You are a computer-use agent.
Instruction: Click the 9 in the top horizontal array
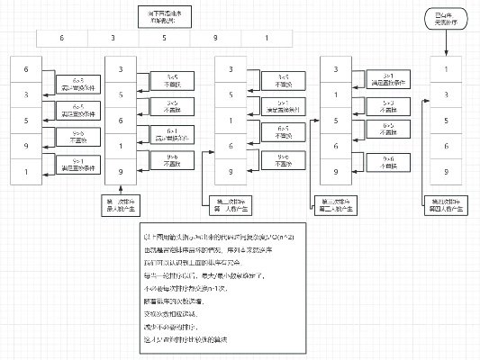[216, 39]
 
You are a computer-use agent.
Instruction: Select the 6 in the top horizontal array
[61, 39]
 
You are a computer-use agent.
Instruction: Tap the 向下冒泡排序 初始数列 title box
[165, 16]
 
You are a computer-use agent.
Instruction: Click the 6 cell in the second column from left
[122, 120]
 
